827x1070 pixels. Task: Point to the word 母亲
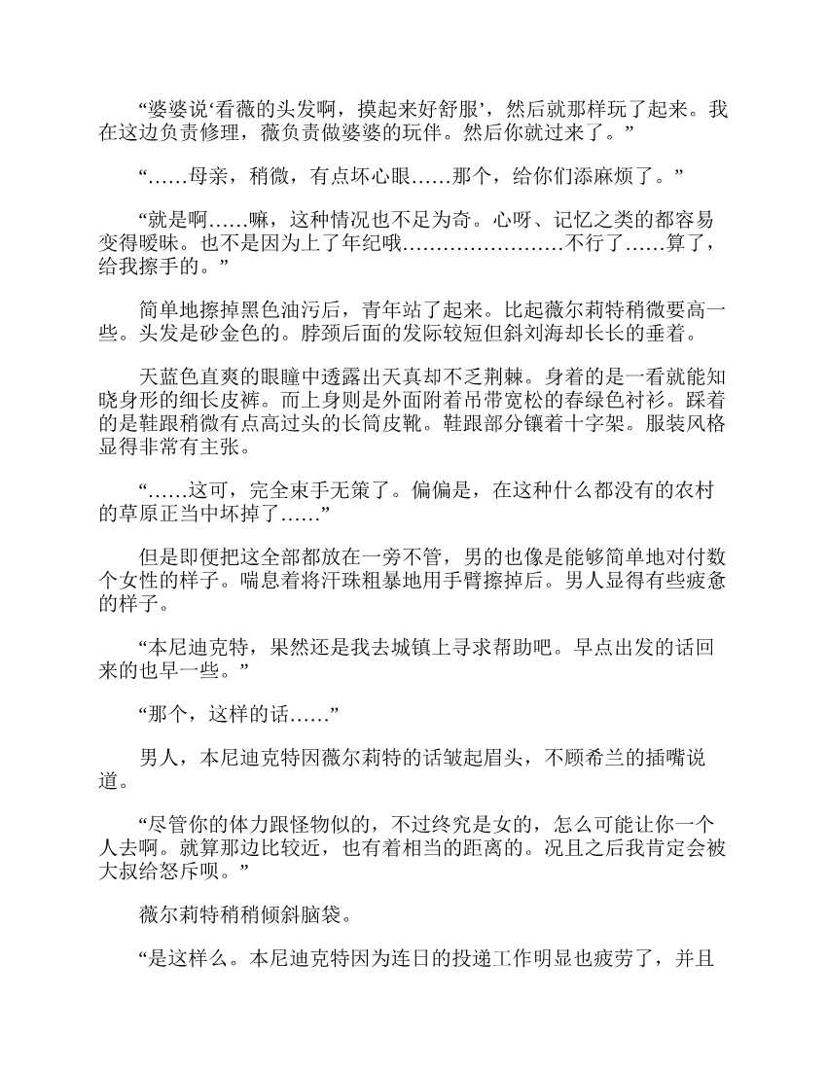click(x=207, y=176)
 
